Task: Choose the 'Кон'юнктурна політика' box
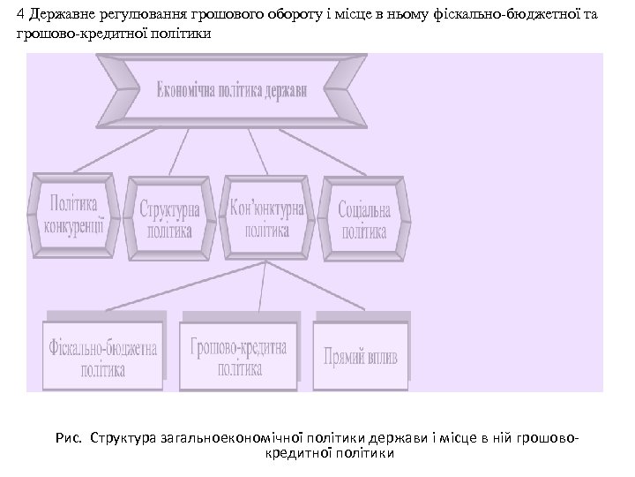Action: pos(266,213)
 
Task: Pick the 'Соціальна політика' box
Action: pos(362,213)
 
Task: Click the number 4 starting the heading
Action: pos(21,16)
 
